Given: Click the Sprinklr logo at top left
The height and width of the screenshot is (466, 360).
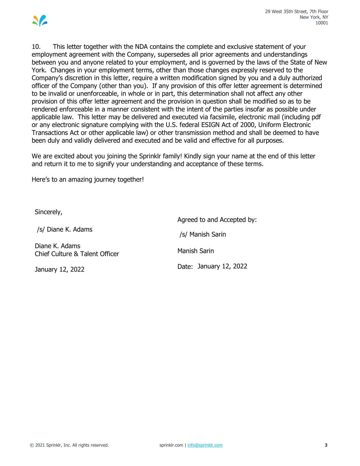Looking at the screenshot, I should [40, 21].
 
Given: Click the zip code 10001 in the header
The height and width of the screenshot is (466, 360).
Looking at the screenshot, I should [322, 23].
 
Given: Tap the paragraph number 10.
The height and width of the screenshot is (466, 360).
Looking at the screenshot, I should [36, 47].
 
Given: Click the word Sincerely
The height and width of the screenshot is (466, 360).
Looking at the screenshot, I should [48, 212].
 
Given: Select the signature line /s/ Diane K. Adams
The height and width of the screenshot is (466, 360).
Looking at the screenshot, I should [64, 229].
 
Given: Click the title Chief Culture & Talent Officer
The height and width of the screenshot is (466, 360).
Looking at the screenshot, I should [77, 254].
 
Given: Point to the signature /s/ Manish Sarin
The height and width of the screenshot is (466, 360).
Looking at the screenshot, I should [203, 235].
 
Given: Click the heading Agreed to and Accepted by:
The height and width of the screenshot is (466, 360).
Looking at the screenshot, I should [217, 220].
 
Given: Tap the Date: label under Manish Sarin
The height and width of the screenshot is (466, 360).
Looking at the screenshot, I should [185, 267].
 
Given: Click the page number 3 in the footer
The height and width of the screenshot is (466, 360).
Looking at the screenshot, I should [326, 445].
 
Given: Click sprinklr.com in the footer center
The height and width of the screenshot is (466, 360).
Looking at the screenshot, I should [171, 445].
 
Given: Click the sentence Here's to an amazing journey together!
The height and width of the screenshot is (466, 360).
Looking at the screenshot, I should [88, 179].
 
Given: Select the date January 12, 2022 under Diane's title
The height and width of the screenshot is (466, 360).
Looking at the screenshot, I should [59, 270].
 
